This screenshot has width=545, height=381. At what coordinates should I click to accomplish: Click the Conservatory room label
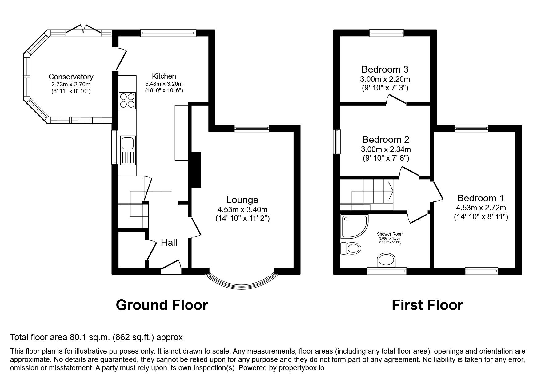click(x=71, y=77)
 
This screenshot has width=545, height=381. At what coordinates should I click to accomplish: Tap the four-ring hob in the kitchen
click(x=127, y=100)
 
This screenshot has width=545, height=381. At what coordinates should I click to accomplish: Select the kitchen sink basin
click(x=127, y=143)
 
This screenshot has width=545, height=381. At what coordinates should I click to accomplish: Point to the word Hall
click(x=169, y=243)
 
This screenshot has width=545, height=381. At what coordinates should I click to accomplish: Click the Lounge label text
click(x=242, y=200)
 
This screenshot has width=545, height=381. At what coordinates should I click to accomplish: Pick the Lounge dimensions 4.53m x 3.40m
click(x=242, y=210)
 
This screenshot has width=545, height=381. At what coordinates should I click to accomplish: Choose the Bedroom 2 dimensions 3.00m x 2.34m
click(x=386, y=149)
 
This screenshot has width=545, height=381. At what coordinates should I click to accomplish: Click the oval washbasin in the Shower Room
click(x=387, y=260)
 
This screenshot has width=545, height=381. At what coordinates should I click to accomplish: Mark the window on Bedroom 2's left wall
click(x=338, y=141)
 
